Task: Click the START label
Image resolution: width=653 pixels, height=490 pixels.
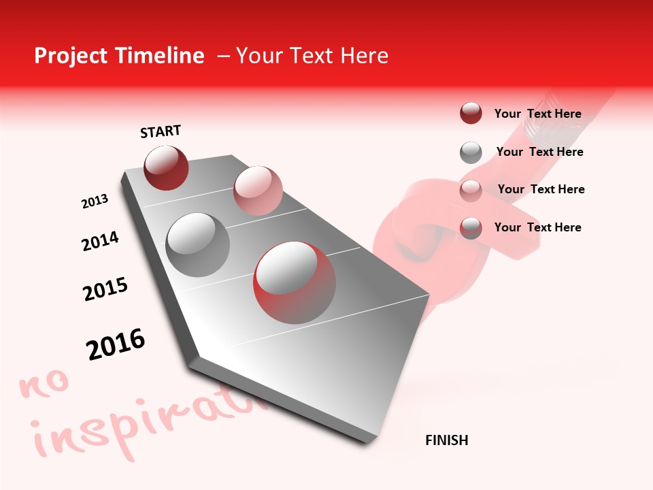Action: point(161,131)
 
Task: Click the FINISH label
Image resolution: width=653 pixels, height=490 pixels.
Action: point(447,440)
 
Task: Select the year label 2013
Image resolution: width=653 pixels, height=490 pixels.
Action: point(95,201)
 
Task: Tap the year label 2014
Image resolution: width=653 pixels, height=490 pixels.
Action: point(100,241)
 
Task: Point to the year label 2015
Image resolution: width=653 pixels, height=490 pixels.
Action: point(105,289)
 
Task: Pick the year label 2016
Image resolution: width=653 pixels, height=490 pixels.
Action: point(116,344)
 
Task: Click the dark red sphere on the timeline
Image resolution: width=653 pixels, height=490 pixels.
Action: point(166,167)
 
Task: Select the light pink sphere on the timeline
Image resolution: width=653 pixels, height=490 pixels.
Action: point(258,191)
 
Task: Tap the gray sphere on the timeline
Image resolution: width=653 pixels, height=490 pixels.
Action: point(198,244)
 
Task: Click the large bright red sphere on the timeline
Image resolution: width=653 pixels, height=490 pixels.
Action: point(295,282)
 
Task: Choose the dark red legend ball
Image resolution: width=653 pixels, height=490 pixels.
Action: point(471,114)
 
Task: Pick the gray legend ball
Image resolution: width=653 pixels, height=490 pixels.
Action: point(471,152)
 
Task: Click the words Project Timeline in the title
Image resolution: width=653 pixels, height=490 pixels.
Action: point(119,56)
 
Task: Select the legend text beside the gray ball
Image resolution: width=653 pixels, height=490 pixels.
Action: point(539,152)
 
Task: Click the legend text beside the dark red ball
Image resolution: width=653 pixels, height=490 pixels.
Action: point(537,114)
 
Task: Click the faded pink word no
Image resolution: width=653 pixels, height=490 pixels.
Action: point(45,384)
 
